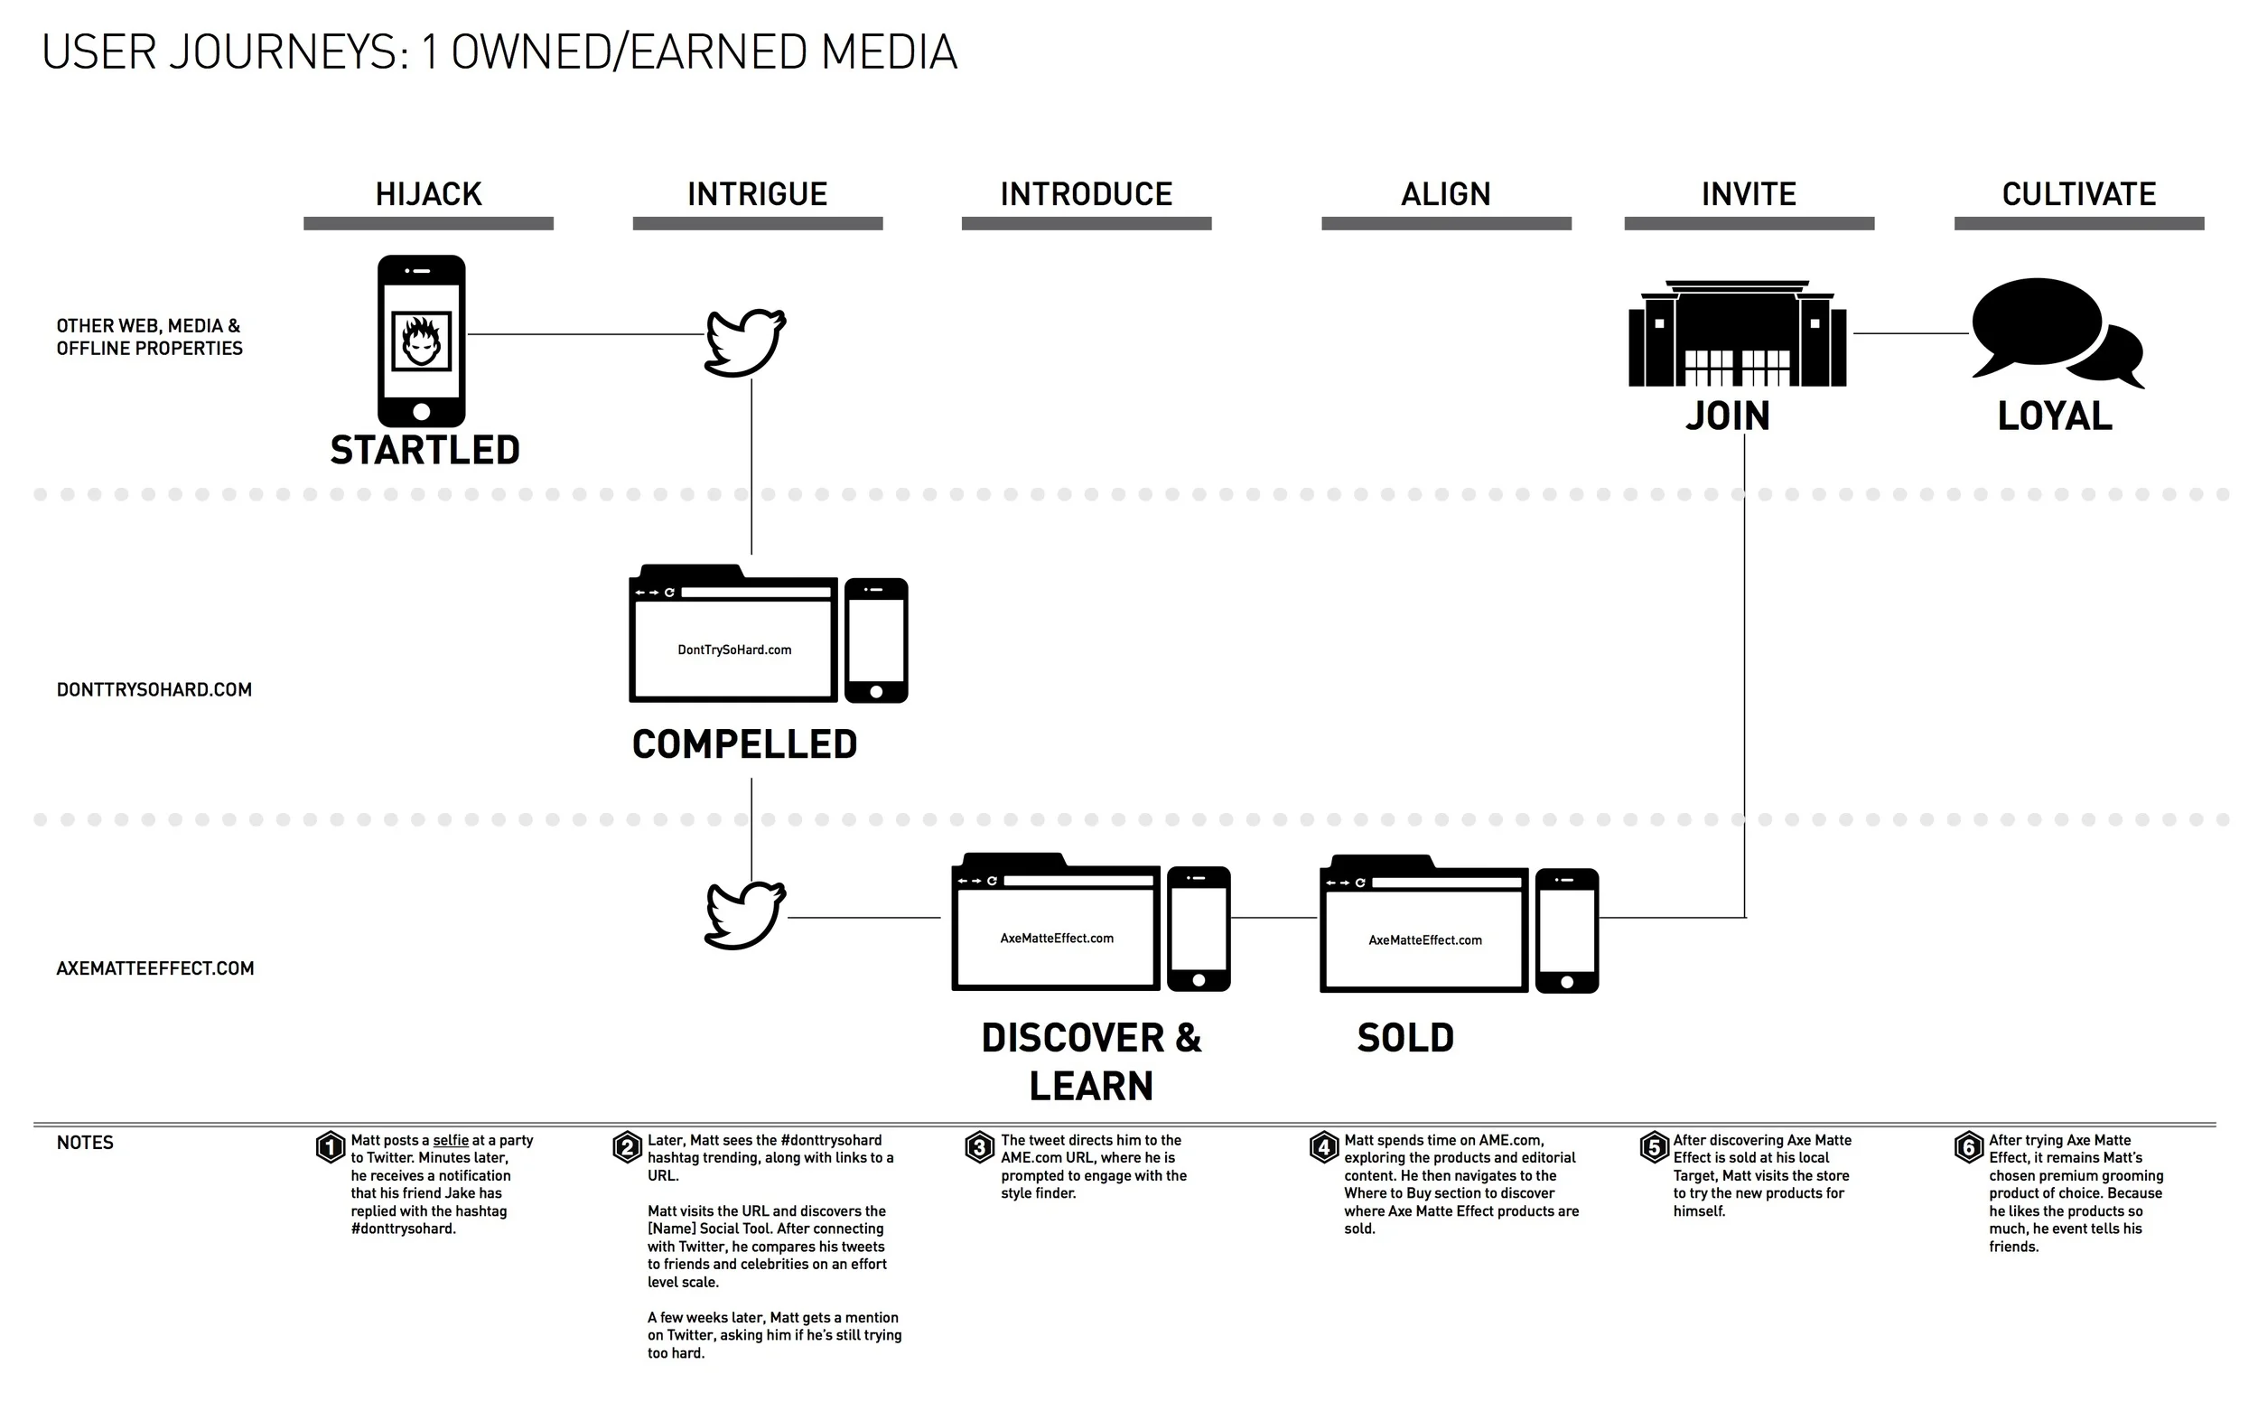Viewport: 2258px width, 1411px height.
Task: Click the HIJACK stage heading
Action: tap(428, 194)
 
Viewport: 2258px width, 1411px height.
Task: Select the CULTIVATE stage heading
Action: tap(2078, 194)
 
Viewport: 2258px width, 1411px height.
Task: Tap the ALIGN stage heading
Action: tap(1445, 194)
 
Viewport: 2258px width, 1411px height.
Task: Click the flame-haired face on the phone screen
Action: tap(421, 341)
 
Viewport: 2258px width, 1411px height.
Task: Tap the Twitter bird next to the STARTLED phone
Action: tap(744, 341)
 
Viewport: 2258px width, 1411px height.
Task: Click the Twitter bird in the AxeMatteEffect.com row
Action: tap(744, 915)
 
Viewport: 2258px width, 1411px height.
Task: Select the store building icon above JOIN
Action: tap(1737, 334)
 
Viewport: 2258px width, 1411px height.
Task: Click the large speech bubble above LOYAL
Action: tap(2037, 322)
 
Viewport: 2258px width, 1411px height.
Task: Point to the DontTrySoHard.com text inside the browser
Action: tap(734, 650)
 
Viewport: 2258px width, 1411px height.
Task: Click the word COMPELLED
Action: tap(744, 744)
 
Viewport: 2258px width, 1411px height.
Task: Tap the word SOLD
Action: tap(1405, 1039)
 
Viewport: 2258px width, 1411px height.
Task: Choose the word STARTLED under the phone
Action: tap(425, 451)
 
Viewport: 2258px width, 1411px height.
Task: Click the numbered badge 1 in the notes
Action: tap(331, 1147)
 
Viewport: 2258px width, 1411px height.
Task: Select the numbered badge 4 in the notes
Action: tap(1324, 1147)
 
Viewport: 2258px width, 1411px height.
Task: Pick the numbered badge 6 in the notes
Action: tap(1969, 1147)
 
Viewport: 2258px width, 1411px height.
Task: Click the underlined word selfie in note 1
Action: tap(451, 1140)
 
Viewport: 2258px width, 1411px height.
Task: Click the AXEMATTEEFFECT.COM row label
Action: tap(154, 968)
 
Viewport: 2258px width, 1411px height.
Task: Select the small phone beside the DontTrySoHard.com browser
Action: tap(876, 640)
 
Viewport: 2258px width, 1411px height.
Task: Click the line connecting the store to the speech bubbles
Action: tap(1910, 333)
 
